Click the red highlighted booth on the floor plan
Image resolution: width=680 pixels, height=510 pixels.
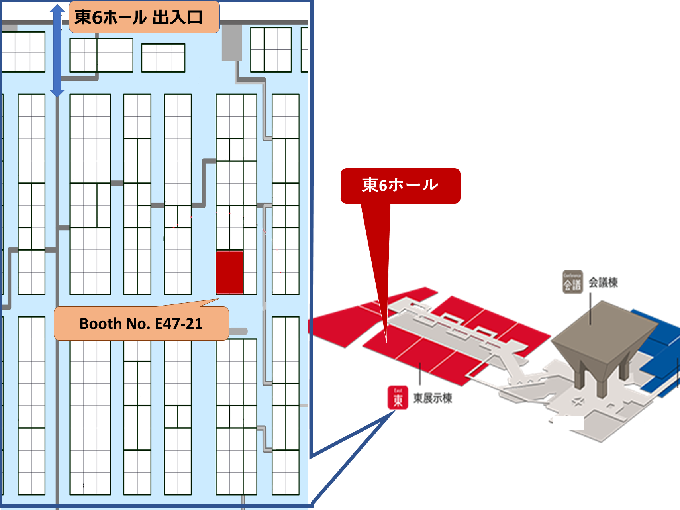point(229,273)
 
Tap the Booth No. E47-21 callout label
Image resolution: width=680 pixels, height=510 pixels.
point(141,324)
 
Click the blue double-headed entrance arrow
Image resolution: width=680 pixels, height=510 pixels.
point(57,52)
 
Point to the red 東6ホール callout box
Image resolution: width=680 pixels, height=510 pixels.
point(400,186)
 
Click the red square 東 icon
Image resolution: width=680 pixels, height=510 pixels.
point(398,398)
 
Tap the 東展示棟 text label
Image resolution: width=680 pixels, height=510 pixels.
point(433,398)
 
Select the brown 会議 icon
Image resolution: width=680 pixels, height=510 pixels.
point(572,282)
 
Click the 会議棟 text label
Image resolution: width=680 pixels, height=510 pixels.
point(603,282)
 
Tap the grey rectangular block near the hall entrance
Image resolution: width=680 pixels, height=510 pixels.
point(232,43)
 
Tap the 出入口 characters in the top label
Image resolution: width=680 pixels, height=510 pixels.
point(178,18)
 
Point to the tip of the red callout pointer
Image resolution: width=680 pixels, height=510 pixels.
point(386,341)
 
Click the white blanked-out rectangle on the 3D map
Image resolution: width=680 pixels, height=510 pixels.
point(569,423)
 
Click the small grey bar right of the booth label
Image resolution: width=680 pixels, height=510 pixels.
point(238,331)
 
